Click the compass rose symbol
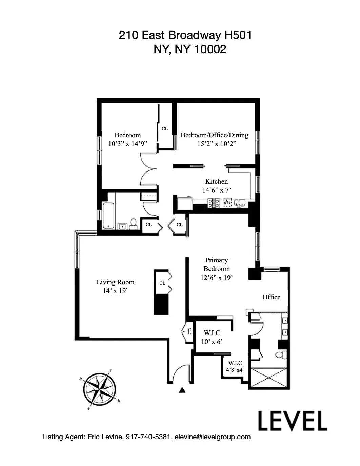100,389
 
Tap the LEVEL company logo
292,421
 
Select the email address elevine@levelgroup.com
213,437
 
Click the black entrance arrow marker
182,390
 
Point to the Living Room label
115,282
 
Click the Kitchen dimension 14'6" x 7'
216,190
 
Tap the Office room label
271,297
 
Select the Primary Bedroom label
216,264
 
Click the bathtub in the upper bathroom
108,215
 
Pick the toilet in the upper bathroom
133,224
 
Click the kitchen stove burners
214,203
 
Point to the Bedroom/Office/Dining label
214,135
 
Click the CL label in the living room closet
162,283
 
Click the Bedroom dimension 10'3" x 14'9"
127,144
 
